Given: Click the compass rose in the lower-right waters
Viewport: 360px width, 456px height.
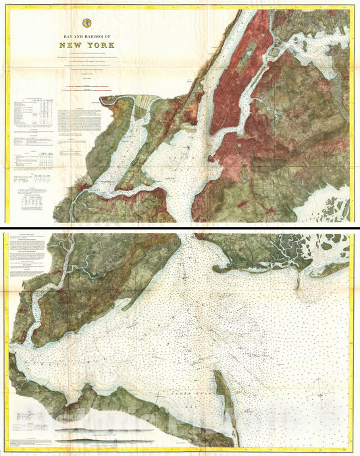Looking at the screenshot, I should tap(317, 390).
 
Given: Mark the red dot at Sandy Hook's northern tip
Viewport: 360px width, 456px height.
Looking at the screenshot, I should tap(215, 372).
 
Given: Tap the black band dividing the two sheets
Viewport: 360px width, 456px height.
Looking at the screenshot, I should tap(180, 226).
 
